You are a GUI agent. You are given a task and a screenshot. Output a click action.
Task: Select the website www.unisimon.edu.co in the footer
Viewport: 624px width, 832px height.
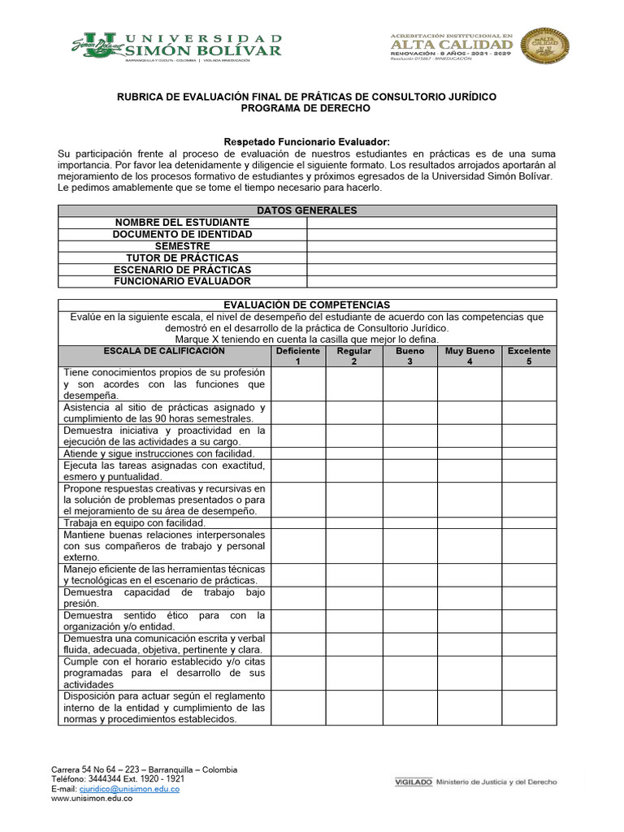[x=92, y=799]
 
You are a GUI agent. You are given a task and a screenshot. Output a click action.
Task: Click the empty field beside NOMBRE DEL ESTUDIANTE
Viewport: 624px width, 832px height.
[x=431, y=223]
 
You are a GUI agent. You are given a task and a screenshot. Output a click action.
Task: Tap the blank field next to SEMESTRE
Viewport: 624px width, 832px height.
[x=431, y=246]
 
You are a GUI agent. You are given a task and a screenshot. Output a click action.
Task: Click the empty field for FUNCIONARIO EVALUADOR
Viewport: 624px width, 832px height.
[x=431, y=281]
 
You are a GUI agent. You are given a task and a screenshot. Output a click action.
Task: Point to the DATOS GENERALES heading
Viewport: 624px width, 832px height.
[x=306, y=210]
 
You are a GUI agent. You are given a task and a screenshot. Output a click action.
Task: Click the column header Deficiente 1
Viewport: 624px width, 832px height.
[x=298, y=356]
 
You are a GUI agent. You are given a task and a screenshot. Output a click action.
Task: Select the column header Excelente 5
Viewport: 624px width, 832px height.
[x=529, y=356]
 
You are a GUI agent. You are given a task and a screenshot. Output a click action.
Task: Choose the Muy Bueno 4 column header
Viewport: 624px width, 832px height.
[x=469, y=356]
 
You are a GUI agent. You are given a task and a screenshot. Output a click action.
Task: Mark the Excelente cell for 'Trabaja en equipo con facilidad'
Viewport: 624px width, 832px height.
[x=529, y=523]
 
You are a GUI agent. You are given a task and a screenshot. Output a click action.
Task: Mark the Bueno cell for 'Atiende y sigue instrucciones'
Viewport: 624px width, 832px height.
[x=409, y=453]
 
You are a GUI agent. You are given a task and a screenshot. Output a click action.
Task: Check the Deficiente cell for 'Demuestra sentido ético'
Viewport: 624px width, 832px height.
[x=298, y=622]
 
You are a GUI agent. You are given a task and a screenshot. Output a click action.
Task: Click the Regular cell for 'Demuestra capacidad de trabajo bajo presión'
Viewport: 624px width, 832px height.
[x=353, y=598]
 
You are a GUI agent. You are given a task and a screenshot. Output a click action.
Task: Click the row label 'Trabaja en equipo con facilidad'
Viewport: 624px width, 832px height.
[x=134, y=523]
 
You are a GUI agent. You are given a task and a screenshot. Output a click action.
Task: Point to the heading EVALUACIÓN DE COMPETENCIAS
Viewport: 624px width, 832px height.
[x=306, y=305]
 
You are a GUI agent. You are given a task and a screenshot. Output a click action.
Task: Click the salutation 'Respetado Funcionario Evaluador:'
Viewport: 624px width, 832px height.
[x=306, y=142]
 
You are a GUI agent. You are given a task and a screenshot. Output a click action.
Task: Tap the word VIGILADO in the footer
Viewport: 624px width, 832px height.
[x=412, y=782]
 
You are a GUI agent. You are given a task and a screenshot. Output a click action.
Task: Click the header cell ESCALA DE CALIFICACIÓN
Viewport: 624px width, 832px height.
[x=164, y=352]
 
